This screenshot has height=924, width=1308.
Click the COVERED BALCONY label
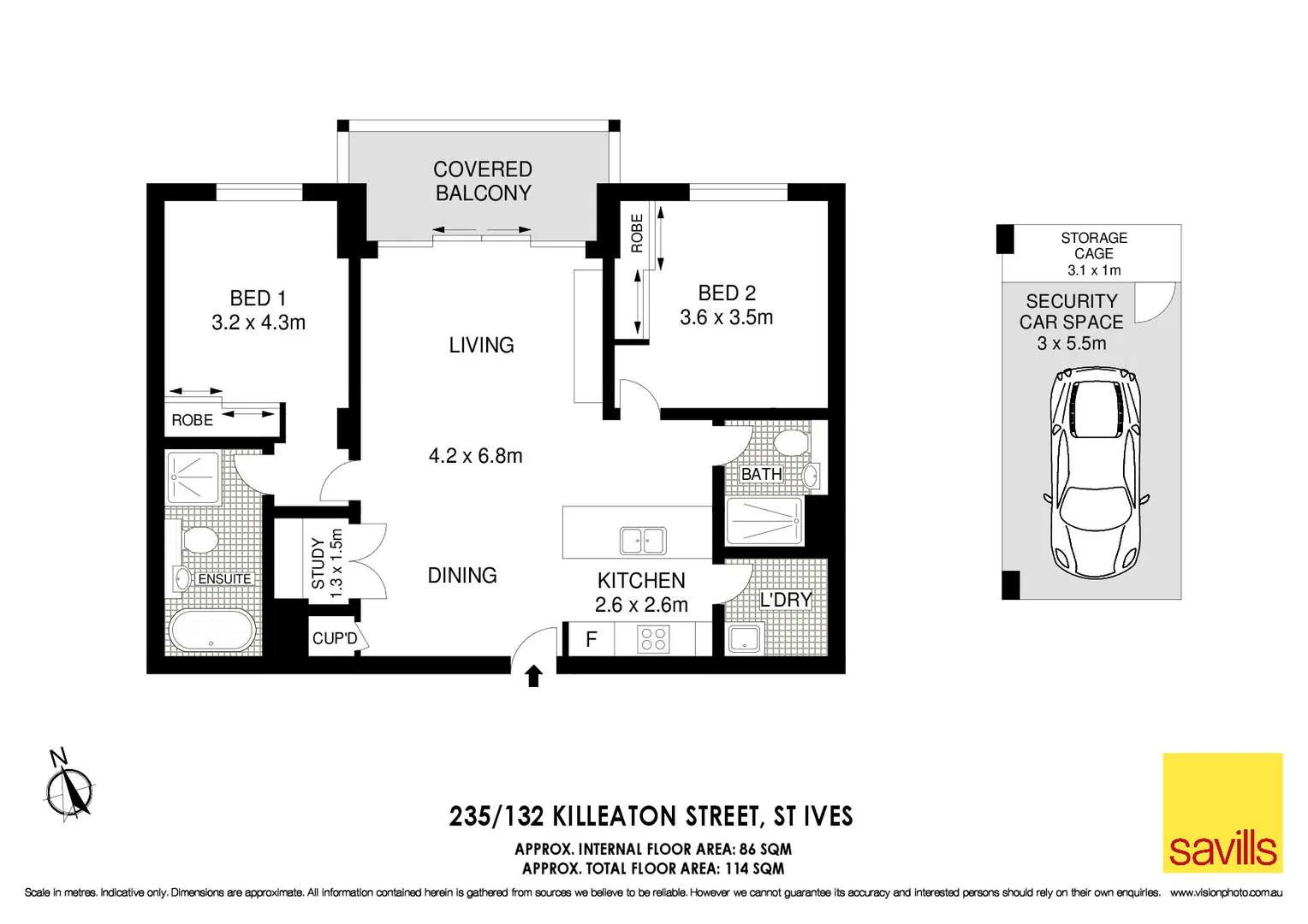[x=483, y=181]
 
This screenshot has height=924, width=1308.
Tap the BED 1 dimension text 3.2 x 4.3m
[x=259, y=323]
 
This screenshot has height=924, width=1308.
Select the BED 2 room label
[x=727, y=293]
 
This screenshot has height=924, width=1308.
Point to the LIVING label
[x=481, y=345]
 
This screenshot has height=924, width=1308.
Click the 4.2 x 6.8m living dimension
[x=475, y=456]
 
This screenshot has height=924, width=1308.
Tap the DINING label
[x=462, y=575]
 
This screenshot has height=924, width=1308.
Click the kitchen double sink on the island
[x=643, y=541]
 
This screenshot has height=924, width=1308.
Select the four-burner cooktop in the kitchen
[x=654, y=640]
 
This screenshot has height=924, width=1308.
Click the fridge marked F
[x=591, y=639]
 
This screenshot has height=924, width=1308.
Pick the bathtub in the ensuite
[x=211, y=631]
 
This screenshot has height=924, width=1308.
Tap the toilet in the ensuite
[x=199, y=541]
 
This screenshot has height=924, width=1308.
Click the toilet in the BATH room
[x=790, y=443]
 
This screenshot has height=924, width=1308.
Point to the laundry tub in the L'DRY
[x=743, y=638]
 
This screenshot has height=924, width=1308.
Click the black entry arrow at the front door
[x=534, y=676]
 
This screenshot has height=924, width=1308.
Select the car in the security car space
[x=1096, y=472]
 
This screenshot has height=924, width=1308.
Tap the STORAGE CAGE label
[x=1093, y=246]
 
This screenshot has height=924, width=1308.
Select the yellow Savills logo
[x=1222, y=812]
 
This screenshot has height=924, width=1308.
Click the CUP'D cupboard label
[x=335, y=638]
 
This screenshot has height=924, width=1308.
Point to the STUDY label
[x=318, y=563]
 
